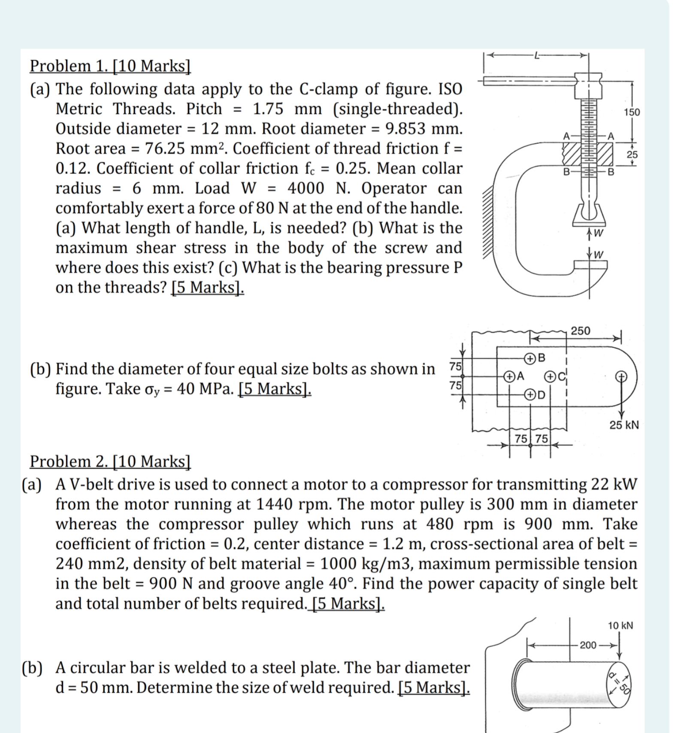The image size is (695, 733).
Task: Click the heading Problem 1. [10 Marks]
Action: [110, 66]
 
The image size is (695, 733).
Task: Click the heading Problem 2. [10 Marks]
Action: [110, 461]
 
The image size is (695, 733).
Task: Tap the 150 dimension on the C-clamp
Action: [632, 112]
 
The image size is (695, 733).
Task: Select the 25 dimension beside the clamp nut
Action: [632, 154]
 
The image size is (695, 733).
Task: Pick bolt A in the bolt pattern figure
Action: [509, 376]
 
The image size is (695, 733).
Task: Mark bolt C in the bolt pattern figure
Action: [550, 377]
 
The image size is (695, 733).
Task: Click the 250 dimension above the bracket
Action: [580, 331]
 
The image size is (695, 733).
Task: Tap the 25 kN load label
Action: [624, 425]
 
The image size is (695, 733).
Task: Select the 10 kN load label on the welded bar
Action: [620, 625]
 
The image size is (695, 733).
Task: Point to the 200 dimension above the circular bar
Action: [588, 645]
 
